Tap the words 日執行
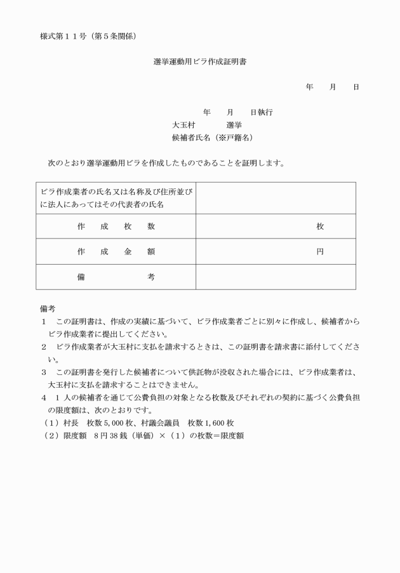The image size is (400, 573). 261,112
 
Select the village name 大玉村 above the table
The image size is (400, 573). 183,124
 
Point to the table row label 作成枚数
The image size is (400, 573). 116,227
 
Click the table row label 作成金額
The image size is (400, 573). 116,251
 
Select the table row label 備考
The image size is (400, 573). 116,277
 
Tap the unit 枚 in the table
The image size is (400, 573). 320,227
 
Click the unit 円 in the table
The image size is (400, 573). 320,251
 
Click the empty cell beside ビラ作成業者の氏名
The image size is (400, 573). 275,198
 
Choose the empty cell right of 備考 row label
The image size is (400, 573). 275,277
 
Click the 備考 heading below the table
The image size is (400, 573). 48,308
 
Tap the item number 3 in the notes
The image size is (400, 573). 43,372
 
